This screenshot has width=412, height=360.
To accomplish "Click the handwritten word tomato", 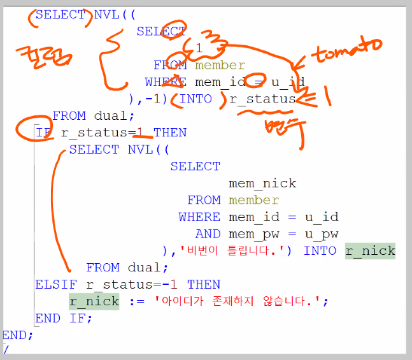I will (x=348, y=52).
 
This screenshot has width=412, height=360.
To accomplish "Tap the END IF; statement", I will (x=64, y=318).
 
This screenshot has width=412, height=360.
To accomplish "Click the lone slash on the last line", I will (x=6, y=349).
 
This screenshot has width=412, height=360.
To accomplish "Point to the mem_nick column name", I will (x=262, y=183).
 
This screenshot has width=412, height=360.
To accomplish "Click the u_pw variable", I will (x=322, y=233).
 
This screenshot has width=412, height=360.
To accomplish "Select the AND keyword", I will (x=208, y=233).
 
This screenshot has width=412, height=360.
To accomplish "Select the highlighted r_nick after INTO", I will (x=370, y=250).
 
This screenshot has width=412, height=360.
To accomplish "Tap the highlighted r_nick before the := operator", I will (x=94, y=301).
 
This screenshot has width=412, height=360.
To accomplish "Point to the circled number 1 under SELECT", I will (x=199, y=48).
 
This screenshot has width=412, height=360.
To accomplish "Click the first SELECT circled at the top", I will (x=60, y=14).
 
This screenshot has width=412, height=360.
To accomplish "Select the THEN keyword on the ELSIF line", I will (x=204, y=284).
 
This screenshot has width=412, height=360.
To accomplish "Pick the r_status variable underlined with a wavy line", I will (x=262, y=99).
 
